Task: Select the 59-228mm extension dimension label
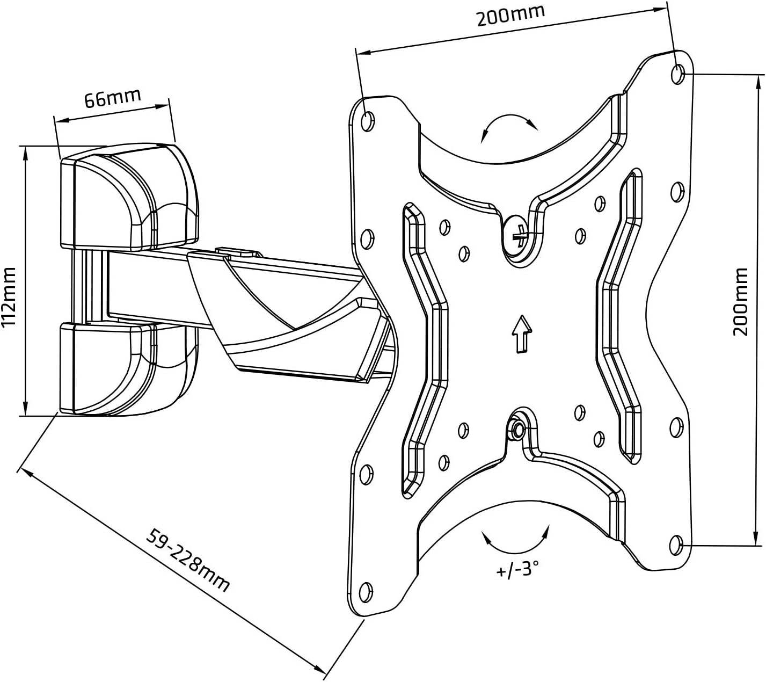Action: (188, 559)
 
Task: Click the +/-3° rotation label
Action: (516, 569)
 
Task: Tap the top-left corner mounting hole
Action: (368, 121)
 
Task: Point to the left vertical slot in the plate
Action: (424, 349)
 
